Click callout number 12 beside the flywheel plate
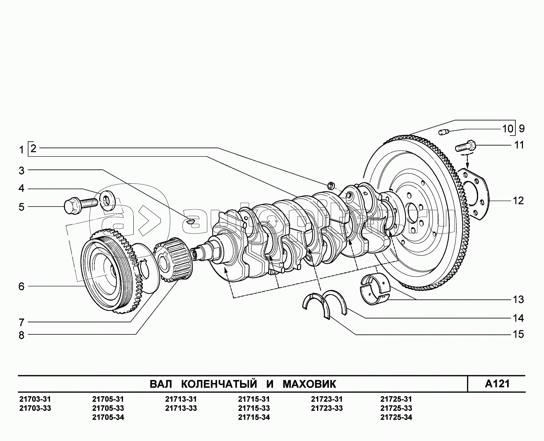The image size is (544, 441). (518, 201)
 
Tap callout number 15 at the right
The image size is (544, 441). (518, 334)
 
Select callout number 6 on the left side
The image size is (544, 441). (21, 286)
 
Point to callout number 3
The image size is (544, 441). (21, 171)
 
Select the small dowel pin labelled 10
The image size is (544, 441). (444, 132)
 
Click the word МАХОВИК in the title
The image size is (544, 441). (309, 384)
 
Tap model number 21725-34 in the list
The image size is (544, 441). (396, 417)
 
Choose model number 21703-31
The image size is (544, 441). (35, 399)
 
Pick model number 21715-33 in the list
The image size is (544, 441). (254, 408)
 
